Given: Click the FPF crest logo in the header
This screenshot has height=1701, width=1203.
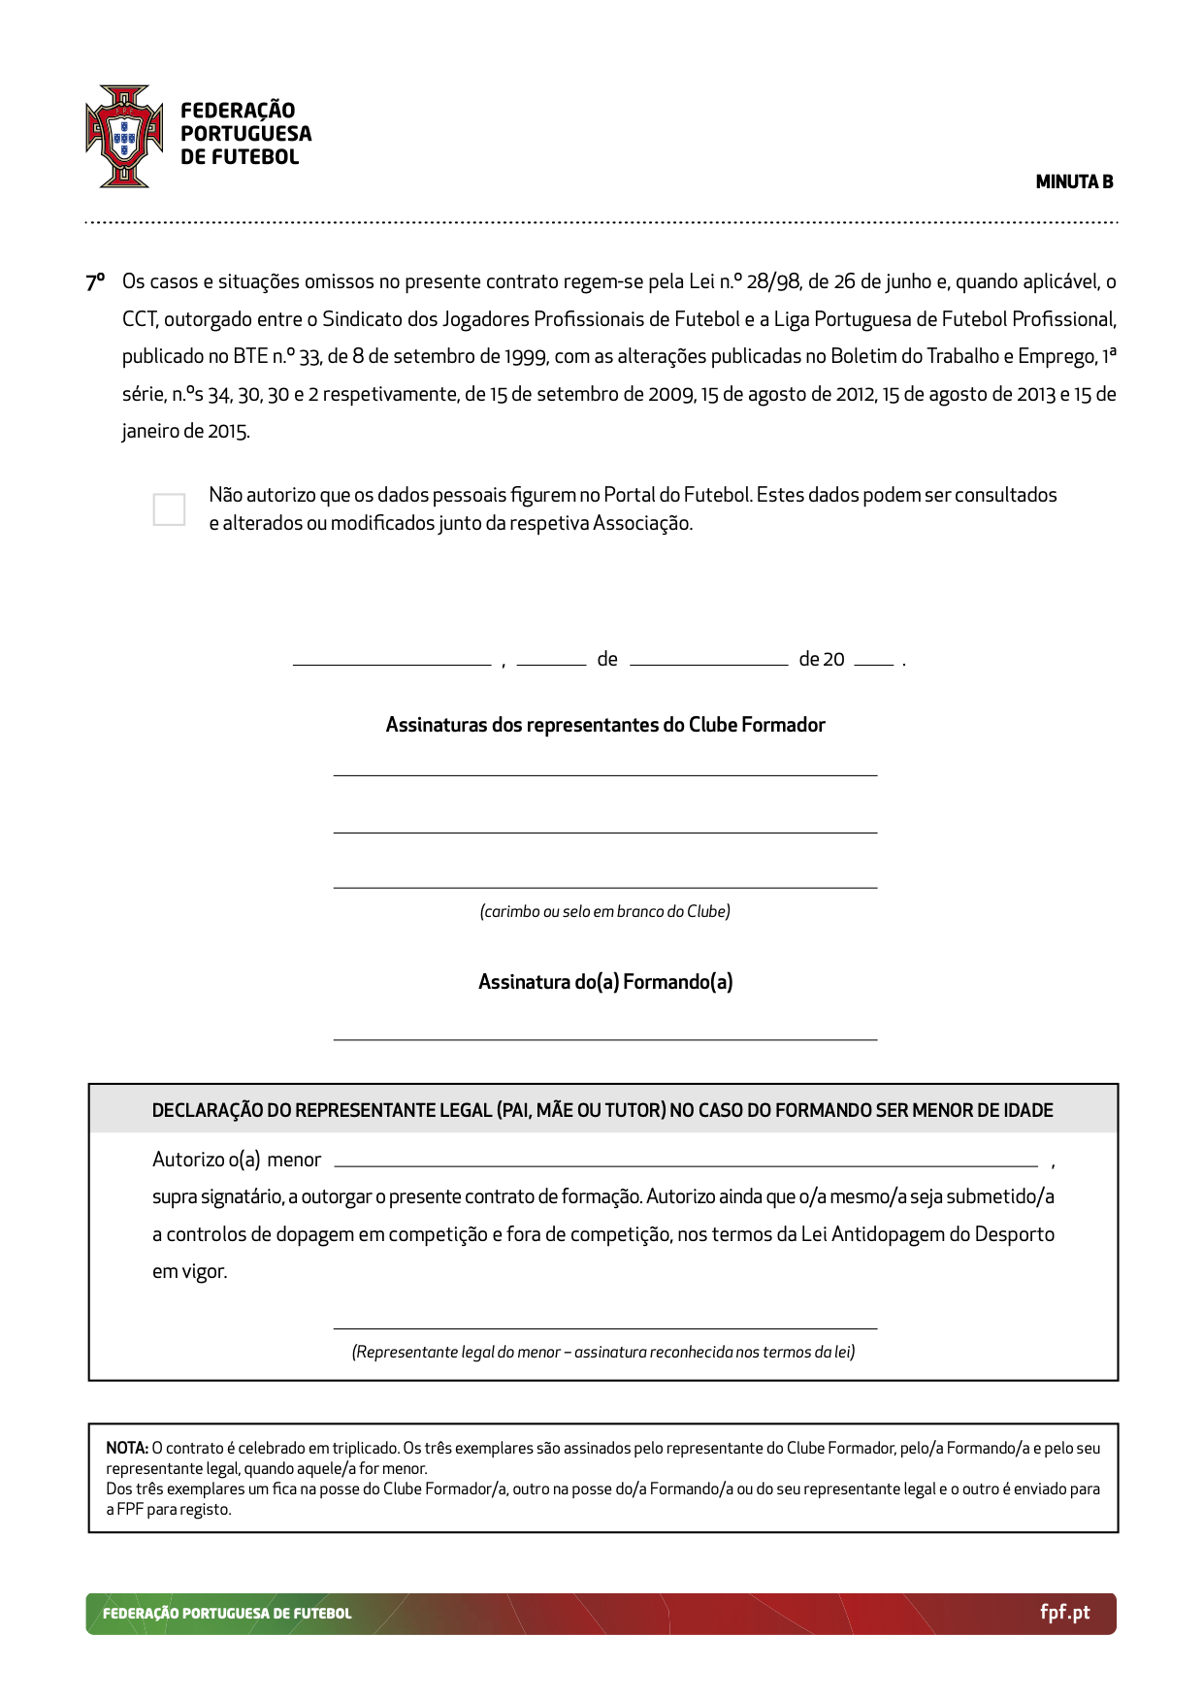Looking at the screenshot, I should [x=124, y=136].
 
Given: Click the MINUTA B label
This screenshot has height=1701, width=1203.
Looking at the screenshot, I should [x=1074, y=181].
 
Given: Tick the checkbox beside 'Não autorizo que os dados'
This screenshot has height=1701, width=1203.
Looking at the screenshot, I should [x=169, y=509].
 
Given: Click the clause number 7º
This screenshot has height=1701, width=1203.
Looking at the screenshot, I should [x=94, y=282].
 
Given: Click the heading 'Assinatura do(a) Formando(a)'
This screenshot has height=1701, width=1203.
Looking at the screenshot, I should [x=605, y=982].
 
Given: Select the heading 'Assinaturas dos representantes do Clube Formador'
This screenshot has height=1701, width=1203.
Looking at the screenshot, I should [x=605, y=725].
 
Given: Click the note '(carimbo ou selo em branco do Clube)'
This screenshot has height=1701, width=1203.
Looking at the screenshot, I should [x=605, y=911].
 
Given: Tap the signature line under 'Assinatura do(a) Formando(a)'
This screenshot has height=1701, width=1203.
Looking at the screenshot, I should [x=605, y=1038].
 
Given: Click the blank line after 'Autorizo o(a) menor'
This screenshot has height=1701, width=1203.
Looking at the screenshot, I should [x=685, y=1164].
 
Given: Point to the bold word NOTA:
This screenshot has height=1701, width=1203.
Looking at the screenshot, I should [x=126, y=1448].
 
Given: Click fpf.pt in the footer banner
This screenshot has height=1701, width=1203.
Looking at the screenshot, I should [x=1064, y=1613].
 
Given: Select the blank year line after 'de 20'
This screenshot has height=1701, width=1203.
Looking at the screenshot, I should [x=873, y=664].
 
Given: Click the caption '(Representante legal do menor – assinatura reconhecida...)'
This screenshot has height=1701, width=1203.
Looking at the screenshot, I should [x=603, y=1352].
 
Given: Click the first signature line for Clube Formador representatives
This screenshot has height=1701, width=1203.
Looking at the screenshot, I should [x=605, y=774].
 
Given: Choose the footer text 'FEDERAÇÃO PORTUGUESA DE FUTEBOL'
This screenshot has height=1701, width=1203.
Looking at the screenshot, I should [x=227, y=1614].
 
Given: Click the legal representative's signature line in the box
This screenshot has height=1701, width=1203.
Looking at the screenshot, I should [x=605, y=1327].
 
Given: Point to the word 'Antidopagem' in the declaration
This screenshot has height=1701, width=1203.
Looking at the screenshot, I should [x=888, y=1234].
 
